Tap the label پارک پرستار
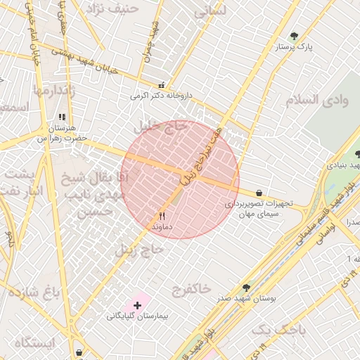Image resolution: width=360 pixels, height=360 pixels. (294, 47)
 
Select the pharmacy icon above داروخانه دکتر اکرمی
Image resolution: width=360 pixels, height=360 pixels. (162, 85)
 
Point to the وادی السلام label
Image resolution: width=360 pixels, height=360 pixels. (316, 100)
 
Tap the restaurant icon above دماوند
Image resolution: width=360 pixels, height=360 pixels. (162, 216)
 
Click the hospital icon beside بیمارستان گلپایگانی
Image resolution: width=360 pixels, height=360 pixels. (136, 305)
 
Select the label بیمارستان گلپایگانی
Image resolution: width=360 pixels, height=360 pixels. (136, 316)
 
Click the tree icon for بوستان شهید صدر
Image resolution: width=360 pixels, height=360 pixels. (245, 288)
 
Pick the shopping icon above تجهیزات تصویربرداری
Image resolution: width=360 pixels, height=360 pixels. (259, 193)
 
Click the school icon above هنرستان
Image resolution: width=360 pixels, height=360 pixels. (62, 117)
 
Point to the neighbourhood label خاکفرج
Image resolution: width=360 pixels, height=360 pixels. (190, 288)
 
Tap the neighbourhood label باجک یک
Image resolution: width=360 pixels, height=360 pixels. (279, 329)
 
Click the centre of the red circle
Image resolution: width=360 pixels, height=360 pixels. (181, 179)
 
